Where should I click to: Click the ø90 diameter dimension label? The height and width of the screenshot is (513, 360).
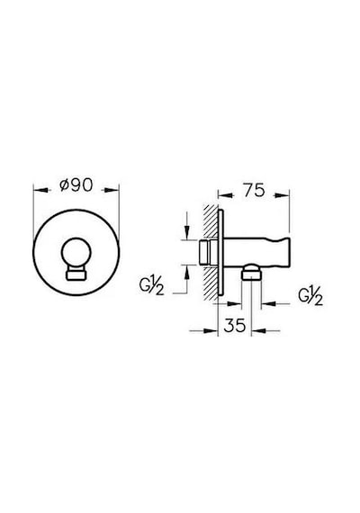pyautogui.click(x=76, y=185)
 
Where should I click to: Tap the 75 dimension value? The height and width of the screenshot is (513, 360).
pyautogui.click(x=254, y=190)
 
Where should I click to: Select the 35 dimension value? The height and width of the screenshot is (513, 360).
pyautogui.click(x=235, y=325)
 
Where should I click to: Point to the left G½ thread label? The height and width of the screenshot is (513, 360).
pyautogui.click(x=151, y=287)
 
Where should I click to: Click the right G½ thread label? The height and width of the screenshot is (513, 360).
pyautogui.click(x=310, y=297)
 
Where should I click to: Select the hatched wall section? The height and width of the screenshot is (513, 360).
pyautogui.click(x=211, y=253)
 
